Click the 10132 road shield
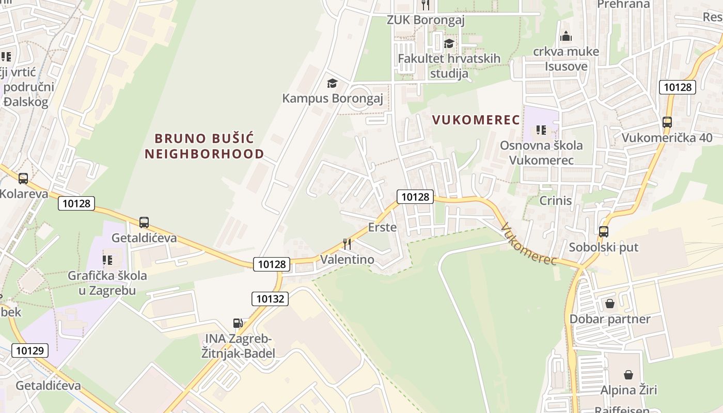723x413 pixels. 270,298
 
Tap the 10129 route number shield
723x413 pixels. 29,351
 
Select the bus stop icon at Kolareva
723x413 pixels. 23,179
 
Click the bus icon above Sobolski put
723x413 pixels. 604,232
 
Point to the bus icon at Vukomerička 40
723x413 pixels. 667,122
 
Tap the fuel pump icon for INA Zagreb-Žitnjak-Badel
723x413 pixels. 238,323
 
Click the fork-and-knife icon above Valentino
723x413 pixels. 347,244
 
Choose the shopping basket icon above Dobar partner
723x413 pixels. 610,304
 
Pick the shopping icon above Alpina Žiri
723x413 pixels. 628,374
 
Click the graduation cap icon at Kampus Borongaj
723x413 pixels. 332,83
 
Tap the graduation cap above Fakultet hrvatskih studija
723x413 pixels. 449,43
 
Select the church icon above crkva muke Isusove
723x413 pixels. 566,36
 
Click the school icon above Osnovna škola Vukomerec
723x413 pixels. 541,130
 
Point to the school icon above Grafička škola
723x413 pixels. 107,260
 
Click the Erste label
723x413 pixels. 382,227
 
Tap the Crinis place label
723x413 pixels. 555,200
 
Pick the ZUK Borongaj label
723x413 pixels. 426,20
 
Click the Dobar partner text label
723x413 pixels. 610,319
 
